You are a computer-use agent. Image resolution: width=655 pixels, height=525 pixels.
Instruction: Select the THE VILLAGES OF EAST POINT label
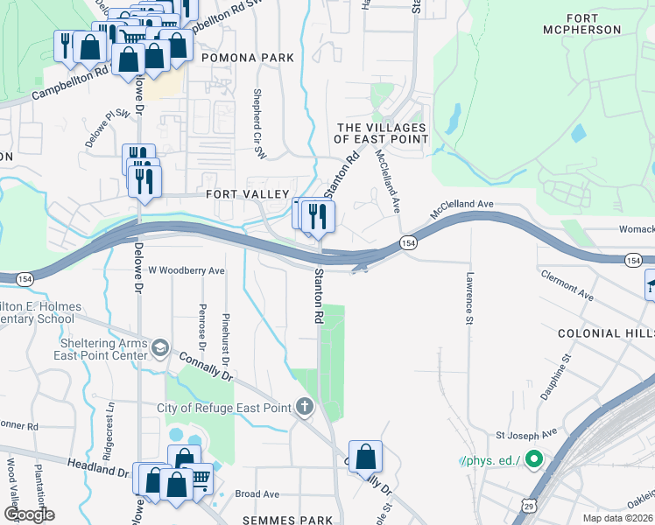383,133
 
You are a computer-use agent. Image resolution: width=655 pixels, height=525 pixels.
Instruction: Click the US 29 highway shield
528,505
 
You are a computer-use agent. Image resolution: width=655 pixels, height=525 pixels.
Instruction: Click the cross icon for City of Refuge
304,407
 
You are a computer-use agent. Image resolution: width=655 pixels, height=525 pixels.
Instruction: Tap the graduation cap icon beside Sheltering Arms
160,349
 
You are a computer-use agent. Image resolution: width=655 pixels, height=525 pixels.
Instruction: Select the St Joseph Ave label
526,433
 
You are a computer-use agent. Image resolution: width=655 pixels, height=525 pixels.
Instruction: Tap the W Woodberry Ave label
187,271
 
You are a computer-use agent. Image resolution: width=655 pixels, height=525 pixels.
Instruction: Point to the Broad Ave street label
257,494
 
